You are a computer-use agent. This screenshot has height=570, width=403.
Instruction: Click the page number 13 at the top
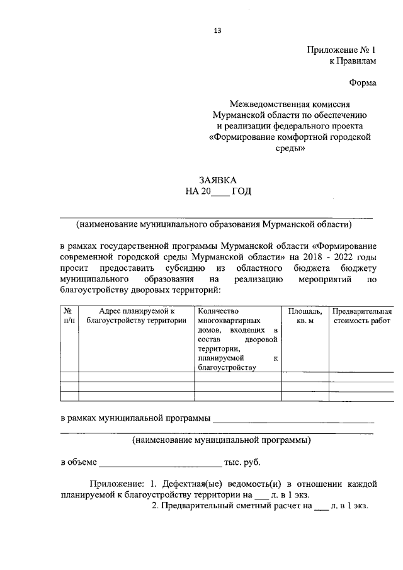(x=217, y=30)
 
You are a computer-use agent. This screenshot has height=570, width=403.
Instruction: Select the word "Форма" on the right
(x=363, y=82)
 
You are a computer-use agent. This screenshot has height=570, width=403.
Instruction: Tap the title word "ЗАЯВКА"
(x=218, y=181)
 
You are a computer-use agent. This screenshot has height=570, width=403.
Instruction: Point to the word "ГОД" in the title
(x=241, y=192)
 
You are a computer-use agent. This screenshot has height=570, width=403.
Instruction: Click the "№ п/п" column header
(x=69, y=316)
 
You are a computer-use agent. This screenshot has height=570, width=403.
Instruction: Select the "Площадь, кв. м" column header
(x=305, y=316)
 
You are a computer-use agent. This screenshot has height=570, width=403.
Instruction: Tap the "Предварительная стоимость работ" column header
(x=361, y=316)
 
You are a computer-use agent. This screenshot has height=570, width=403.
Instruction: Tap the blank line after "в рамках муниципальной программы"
(x=293, y=418)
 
